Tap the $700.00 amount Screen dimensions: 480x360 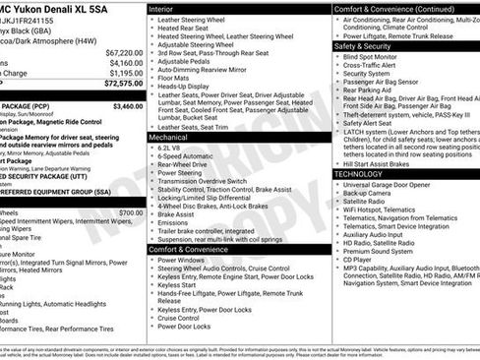tap(130, 212)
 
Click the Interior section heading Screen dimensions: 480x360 tap(161, 8)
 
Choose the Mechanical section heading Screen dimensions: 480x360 tap(169, 137)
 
